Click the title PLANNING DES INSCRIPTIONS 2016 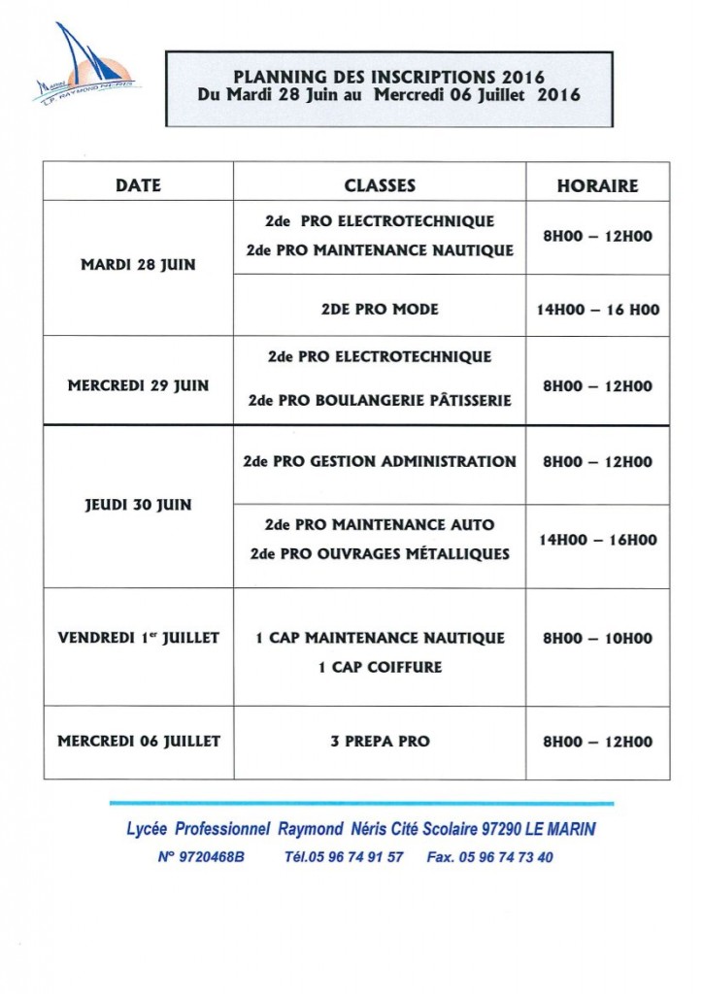[x=389, y=77]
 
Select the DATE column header [x=138, y=184]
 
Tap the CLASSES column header [x=380, y=184]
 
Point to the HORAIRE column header [x=597, y=184]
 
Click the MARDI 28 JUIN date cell [x=138, y=265]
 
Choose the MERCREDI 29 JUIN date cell [x=138, y=385]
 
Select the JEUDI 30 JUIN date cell [x=138, y=505]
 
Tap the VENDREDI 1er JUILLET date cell [x=138, y=638]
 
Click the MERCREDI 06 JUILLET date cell [x=138, y=741]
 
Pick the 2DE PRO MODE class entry [x=380, y=309]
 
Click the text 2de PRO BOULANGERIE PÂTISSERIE [x=380, y=400]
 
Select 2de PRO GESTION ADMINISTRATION [x=380, y=461]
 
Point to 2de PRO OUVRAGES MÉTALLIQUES [x=380, y=554]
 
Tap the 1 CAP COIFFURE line [x=380, y=667]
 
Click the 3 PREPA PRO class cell [x=380, y=741]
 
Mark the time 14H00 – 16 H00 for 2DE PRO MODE [x=597, y=310]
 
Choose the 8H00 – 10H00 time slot [x=597, y=638]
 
